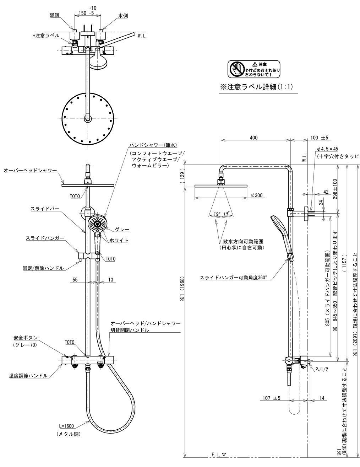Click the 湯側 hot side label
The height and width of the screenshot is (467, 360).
[54, 15]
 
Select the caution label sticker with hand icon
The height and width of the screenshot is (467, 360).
[254, 69]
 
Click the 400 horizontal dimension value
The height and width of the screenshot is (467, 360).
[254, 138]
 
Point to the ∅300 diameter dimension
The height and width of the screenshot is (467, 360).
[257, 195]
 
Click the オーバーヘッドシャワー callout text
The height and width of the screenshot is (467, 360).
[31, 171]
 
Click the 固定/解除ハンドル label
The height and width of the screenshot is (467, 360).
[43, 268]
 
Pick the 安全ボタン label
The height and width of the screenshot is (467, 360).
[26, 337]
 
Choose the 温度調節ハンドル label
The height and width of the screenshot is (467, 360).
[29, 376]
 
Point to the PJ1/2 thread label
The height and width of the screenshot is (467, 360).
[322, 369]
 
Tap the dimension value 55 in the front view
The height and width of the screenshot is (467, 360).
[75, 280]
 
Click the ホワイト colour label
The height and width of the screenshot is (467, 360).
[119, 241]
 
